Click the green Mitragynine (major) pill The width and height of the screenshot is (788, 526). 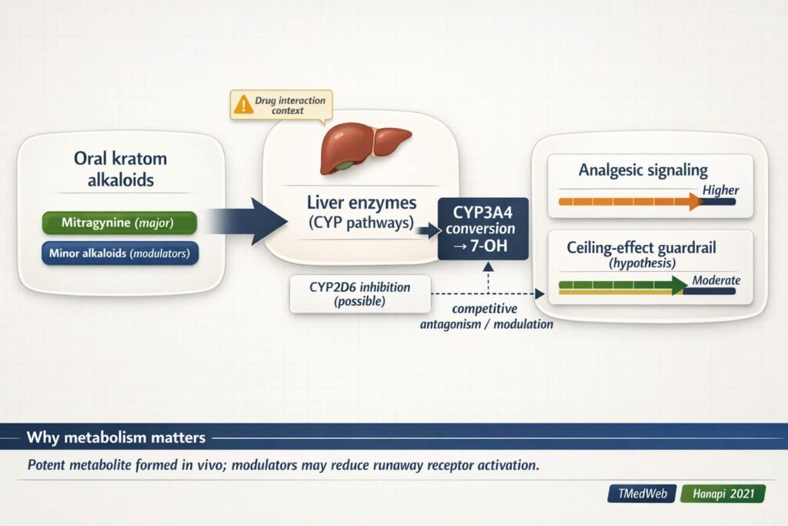(x=119, y=223)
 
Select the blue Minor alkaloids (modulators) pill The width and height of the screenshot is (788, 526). (x=119, y=253)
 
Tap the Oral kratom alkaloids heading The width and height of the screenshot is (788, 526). (x=120, y=169)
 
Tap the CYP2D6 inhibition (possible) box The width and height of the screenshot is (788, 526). (x=360, y=293)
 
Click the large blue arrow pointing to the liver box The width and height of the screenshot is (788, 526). (x=246, y=222)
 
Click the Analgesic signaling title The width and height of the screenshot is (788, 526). (x=643, y=170)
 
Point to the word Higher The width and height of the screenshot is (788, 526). (x=721, y=190)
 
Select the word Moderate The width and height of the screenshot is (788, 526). (x=716, y=280)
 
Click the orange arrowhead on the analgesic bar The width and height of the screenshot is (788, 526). (x=696, y=203)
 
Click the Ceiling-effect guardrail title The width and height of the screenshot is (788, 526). (x=643, y=248)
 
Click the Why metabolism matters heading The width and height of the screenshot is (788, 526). (x=116, y=437)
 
